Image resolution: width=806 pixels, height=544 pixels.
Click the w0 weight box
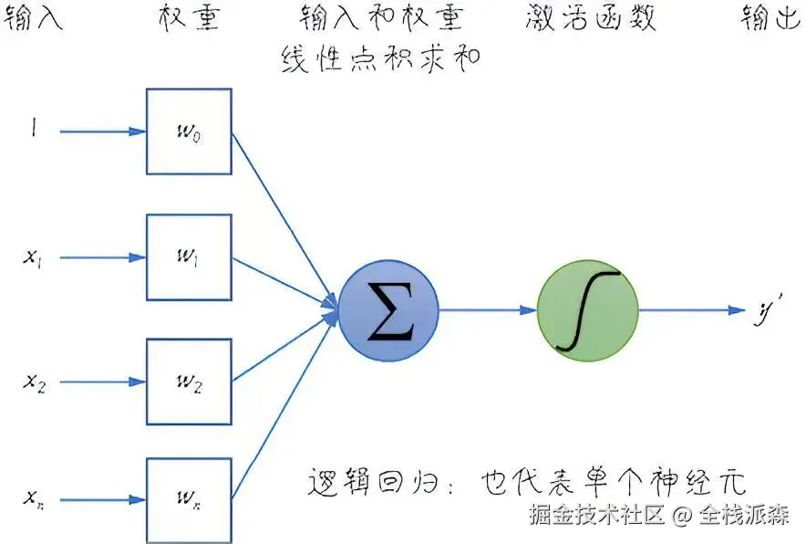[x=189, y=131]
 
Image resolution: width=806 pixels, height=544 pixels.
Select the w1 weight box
[x=189, y=257]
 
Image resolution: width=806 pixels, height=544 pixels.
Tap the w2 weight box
[x=189, y=381]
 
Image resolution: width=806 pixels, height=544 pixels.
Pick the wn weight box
[x=189, y=500]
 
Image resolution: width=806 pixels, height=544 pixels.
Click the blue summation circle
[x=389, y=310]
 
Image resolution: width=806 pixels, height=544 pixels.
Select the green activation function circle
[x=587, y=310]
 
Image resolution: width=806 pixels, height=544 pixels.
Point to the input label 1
[x=34, y=131]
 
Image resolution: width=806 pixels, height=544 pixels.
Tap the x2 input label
[x=34, y=382]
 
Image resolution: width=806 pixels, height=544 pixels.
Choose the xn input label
[x=34, y=500]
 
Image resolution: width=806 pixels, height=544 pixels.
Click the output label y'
[x=762, y=311]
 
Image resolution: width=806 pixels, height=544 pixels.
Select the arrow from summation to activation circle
[x=488, y=310]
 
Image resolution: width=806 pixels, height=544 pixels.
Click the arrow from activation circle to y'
[x=693, y=310]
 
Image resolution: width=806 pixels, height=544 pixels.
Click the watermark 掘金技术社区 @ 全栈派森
[x=659, y=515]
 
